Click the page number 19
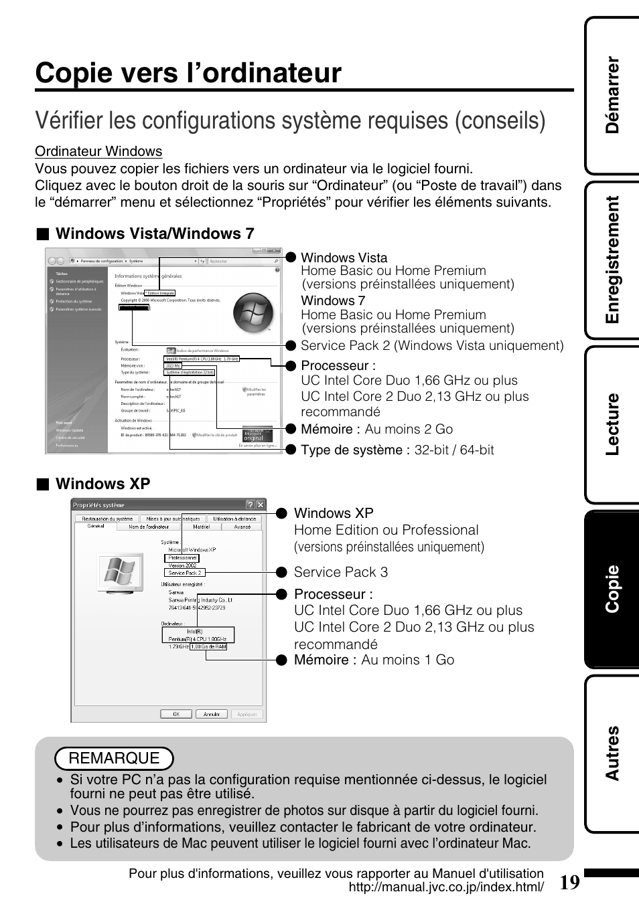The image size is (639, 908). click(x=569, y=883)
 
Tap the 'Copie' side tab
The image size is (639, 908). click(x=612, y=589)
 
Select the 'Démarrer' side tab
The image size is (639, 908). click(x=612, y=95)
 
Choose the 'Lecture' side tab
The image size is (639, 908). click(x=612, y=424)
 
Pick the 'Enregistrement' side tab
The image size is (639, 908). click(x=612, y=260)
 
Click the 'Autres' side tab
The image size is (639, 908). click(x=612, y=753)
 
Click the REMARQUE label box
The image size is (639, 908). click(x=114, y=758)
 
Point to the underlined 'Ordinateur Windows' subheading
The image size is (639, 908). click(x=98, y=151)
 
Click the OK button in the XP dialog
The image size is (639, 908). click(x=176, y=714)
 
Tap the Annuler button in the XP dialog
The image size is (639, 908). click(x=212, y=714)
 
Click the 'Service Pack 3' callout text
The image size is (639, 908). click(x=340, y=572)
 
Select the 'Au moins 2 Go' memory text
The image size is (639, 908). click(x=409, y=429)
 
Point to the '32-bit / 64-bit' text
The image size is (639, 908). click(x=453, y=450)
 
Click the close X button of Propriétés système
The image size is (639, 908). click(x=261, y=505)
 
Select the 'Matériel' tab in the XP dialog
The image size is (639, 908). click(x=201, y=527)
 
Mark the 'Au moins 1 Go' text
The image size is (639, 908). click(x=407, y=660)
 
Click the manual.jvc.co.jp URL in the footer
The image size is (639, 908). click(x=446, y=887)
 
